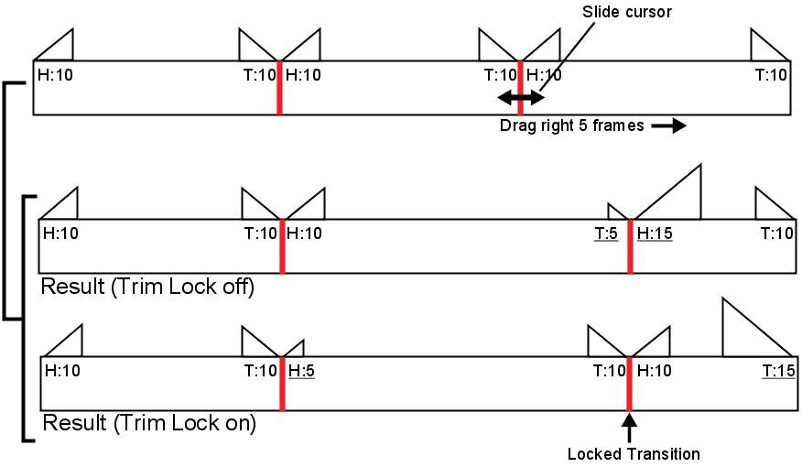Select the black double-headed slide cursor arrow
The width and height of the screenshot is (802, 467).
coord(520,97)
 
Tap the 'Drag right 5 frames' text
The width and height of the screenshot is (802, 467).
coord(572,126)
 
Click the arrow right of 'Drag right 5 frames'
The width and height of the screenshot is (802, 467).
coord(667,126)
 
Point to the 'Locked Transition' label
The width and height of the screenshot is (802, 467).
coord(634,453)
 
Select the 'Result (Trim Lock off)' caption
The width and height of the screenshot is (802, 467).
coord(146,287)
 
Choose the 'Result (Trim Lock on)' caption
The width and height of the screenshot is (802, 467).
coord(149,423)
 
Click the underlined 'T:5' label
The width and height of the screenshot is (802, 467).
coord(606,233)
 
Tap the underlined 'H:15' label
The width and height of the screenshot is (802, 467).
coord(655,233)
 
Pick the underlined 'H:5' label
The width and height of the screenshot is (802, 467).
coord(301,371)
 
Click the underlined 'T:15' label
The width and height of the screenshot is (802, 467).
coord(776,371)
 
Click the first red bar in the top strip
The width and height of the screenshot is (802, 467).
coord(279,88)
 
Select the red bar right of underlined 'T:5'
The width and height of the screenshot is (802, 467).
coord(630,245)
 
